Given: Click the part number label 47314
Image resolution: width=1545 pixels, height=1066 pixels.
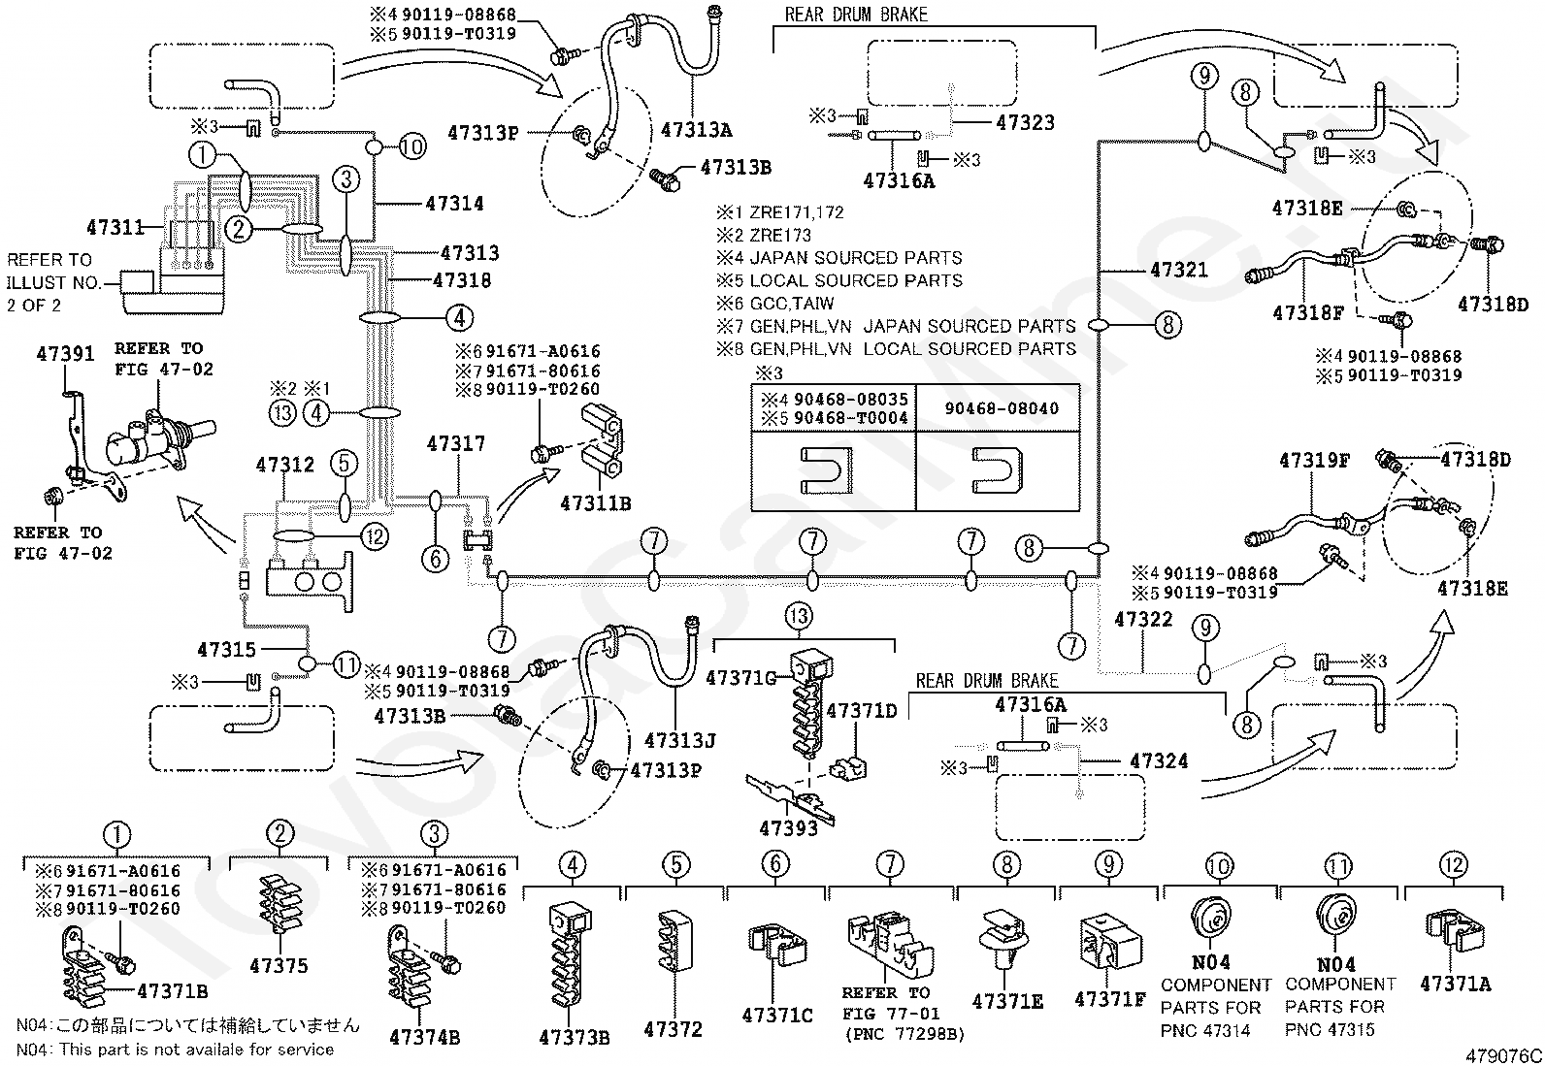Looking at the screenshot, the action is (454, 204).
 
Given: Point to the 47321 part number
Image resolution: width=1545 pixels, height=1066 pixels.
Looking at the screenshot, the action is (1179, 270).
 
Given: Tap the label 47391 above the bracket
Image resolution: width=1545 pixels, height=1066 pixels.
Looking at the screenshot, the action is (66, 354).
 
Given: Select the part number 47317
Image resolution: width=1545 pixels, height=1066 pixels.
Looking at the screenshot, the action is (456, 443).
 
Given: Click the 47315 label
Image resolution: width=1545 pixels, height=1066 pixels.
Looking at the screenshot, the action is (226, 649).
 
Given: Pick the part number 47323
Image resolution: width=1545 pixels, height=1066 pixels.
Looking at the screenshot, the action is (1025, 123).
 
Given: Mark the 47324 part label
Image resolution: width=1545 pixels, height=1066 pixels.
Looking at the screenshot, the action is (1159, 761).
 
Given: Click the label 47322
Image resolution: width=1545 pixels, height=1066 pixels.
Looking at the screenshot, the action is (1143, 619).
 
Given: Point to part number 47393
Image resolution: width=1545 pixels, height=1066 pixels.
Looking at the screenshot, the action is (788, 828).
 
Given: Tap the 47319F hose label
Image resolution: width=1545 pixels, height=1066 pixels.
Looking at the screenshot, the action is (1315, 460).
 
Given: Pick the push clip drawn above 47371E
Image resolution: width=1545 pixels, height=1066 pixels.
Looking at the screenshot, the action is (1003, 939).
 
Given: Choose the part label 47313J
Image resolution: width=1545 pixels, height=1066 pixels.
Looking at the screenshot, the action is (679, 740).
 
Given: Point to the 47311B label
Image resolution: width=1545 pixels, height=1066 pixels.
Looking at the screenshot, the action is (595, 503).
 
